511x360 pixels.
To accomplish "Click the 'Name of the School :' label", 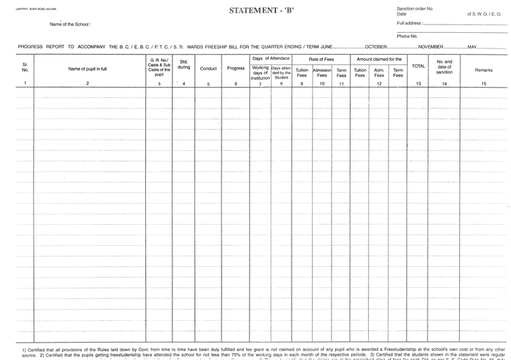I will [70, 25].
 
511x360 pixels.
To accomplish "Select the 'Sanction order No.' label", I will [415, 8].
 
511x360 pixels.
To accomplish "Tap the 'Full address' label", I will [410, 23].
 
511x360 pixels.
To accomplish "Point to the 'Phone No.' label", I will [407, 36].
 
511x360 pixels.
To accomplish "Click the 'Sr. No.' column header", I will [25, 68].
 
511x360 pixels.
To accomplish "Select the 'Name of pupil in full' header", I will [88, 69].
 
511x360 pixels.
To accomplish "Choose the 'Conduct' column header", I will [208, 69].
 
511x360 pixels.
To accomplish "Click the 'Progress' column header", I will [236, 69].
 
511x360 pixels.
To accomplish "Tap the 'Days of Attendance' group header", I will [271, 59].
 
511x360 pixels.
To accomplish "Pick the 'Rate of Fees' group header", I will [321, 60].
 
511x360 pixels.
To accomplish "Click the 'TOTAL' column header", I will [418, 66].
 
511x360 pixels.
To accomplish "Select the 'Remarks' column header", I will [484, 70].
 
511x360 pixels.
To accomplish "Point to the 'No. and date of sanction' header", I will [444, 67].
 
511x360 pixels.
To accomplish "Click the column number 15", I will [484, 84].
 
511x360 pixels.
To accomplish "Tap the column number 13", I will [418, 84].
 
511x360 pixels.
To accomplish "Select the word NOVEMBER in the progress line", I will [430, 46].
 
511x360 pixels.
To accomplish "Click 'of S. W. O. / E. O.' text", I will [486, 14].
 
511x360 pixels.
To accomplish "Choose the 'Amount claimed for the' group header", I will [379, 60].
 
